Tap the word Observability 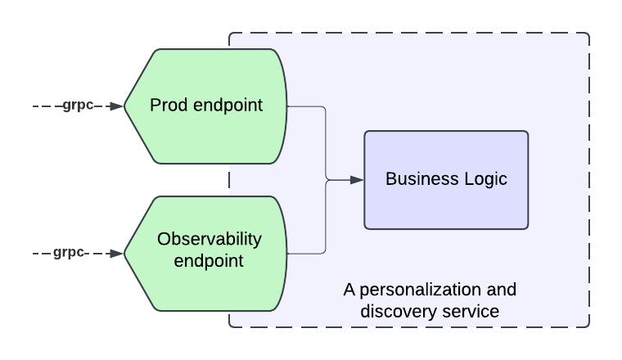pos(210,240)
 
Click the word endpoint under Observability pos(209,261)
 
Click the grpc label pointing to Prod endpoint pos(78,106)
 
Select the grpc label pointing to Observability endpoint pos(69,253)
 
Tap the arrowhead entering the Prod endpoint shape pos(117,106)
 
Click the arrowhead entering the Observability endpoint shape pos(117,254)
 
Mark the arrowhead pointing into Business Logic pos(357,180)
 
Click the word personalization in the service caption pos(420,290)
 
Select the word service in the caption pos(471,312)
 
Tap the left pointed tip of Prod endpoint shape pos(124,106)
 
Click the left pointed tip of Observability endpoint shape pos(124,254)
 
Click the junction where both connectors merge pos(327,180)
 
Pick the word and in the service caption pos(502,290)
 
